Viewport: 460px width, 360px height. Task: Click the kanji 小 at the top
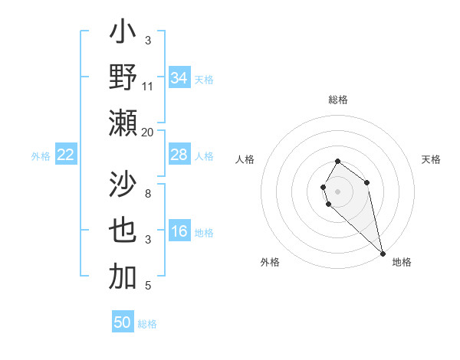pos(123,34)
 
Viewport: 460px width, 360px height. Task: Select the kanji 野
pos(123,77)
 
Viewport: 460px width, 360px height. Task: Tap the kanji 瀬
pos(123,122)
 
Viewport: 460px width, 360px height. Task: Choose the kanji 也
pos(123,231)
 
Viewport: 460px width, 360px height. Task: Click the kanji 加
pos(123,277)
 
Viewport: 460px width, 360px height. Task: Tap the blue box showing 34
pos(179,78)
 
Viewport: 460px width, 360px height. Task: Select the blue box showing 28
pos(179,155)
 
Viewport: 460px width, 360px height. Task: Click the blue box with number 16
pos(179,231)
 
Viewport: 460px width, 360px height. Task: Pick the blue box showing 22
pos(66,155)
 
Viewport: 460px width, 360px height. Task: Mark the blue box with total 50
pos(123,322)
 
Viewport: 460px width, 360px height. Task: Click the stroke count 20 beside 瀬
pos(148,133)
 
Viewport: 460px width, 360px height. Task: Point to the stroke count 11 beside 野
pos(148,87)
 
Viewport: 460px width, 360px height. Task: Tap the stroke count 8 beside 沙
pos(148,194)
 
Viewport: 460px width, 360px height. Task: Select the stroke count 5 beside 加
pos(148,286)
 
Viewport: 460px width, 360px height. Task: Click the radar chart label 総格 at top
pos(338,100)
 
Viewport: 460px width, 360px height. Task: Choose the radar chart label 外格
pos(270,262)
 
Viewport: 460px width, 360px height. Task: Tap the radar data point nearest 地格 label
pos(383,254)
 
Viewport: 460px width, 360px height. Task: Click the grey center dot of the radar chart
pos(338,190)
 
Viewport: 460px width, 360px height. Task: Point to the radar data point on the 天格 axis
pos(367,182)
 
